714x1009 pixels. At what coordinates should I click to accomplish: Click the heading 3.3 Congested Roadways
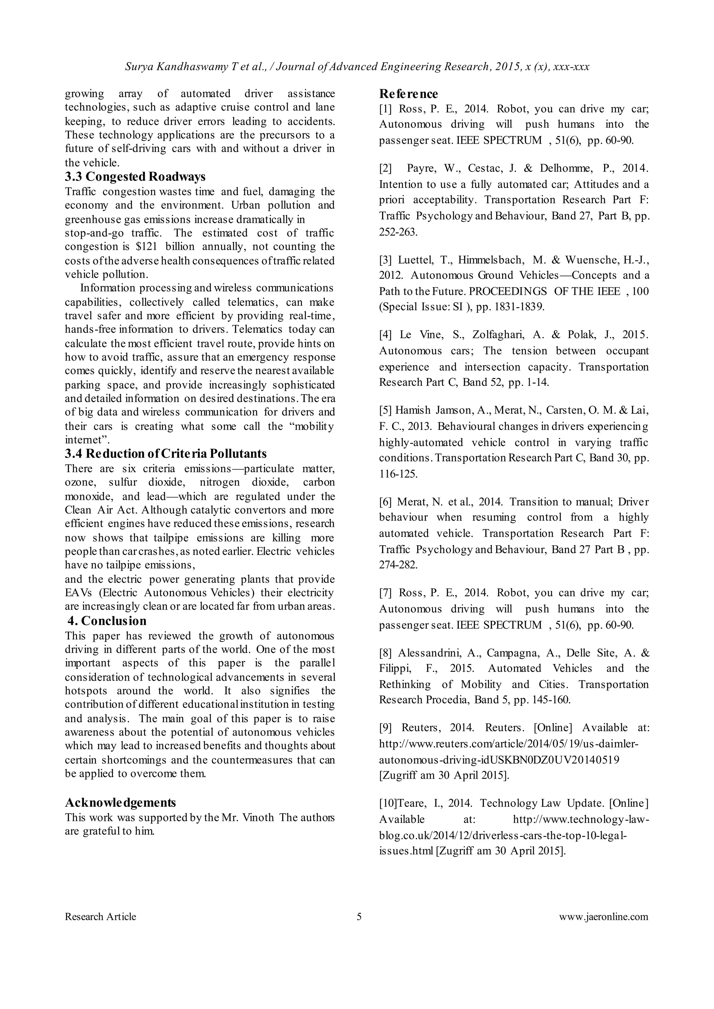[x=135, y=177]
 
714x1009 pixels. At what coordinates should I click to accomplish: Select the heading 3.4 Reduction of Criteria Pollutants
[x=166, y=454]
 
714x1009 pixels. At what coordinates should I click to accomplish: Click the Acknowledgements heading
[x=121, y=803]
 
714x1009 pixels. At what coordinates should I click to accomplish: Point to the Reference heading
[x=409, y=94]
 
